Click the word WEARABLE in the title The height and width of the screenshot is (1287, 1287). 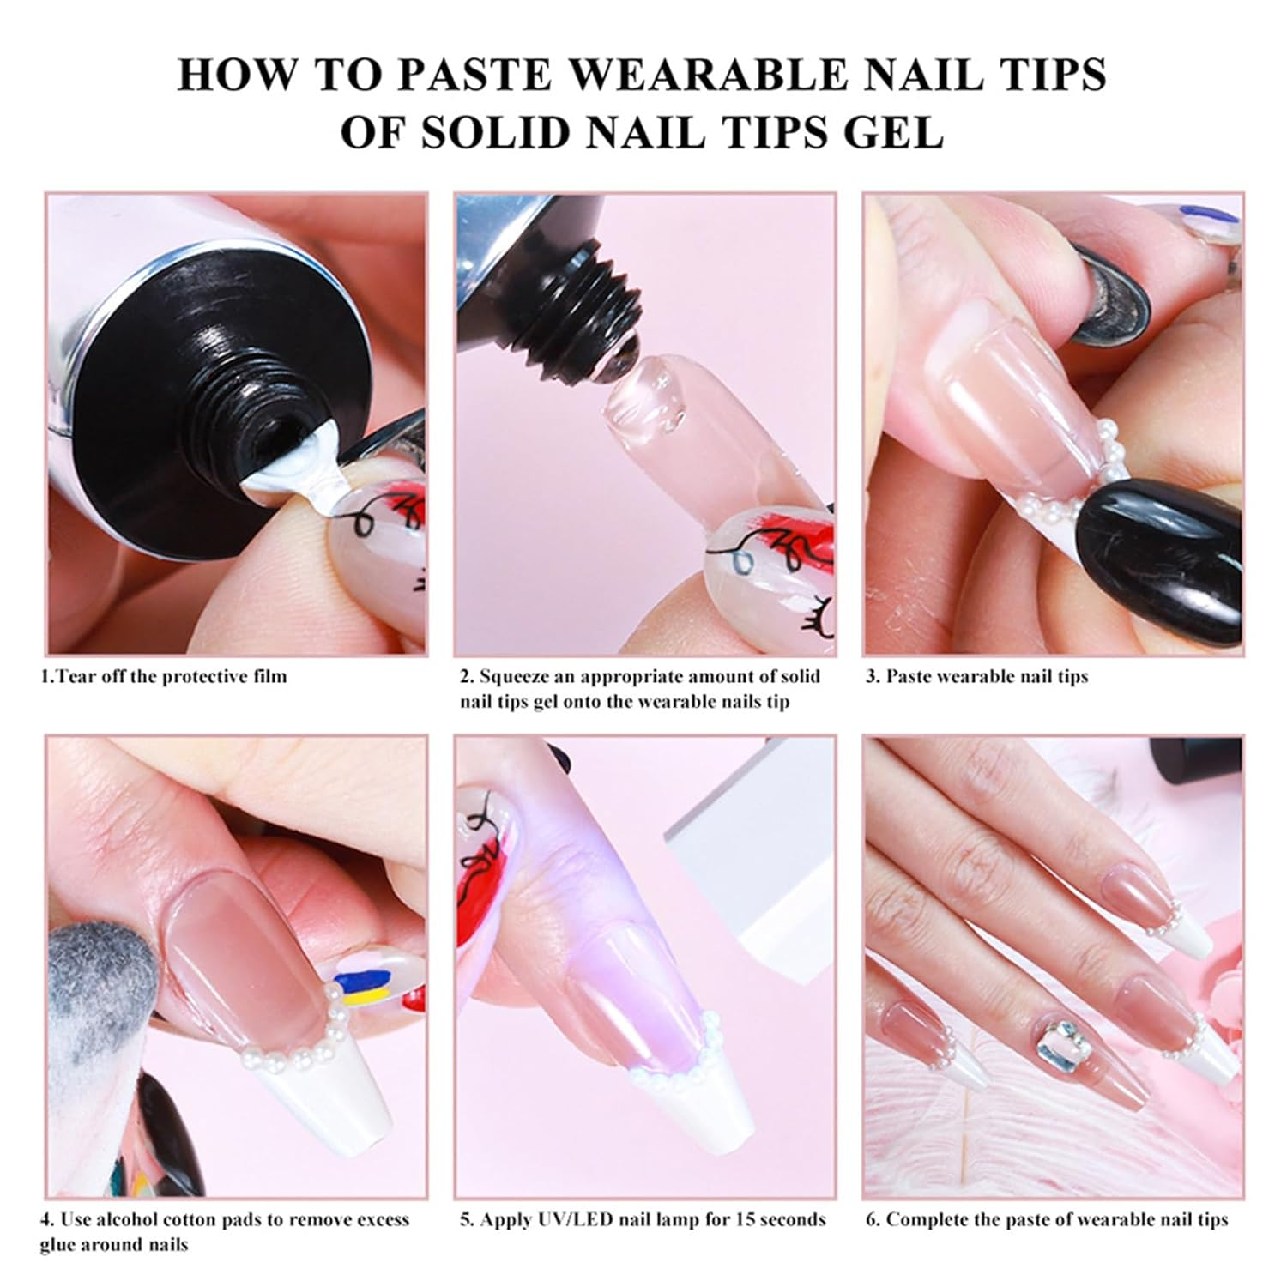pyautogui.click(x=708, y=75)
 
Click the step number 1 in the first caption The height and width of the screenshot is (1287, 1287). pyautogui.click(x=45, y=676)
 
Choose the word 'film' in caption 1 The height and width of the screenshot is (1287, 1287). pyautogui.click(x=268, y=676)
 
